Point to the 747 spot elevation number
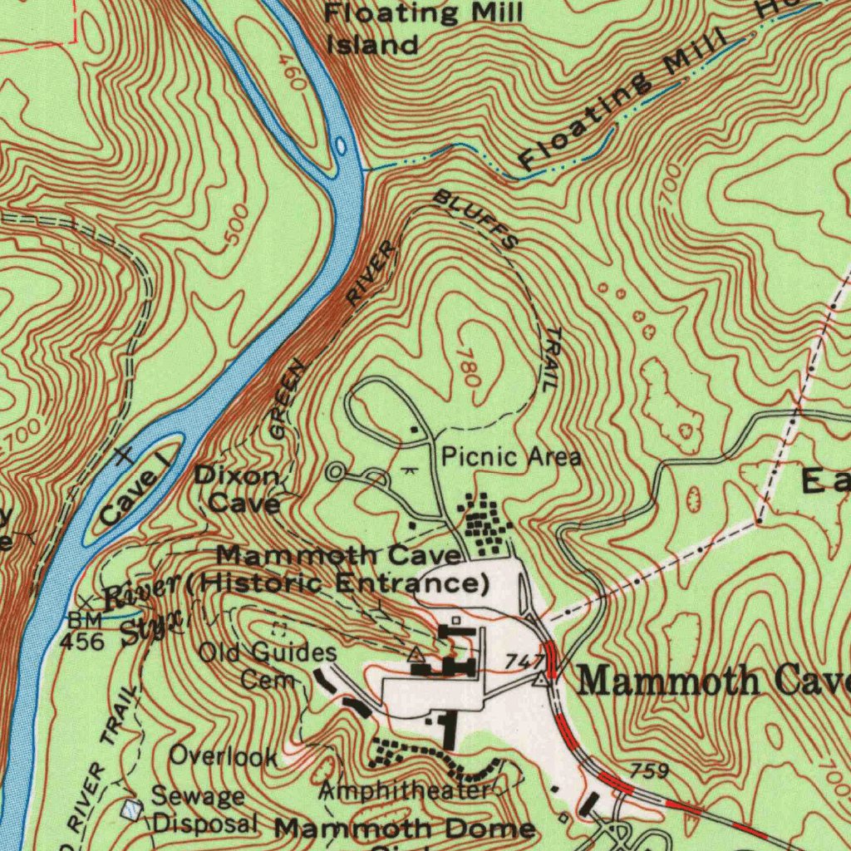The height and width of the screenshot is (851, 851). (x=524, y=662)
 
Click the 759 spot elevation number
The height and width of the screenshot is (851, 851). (x=649, y=771)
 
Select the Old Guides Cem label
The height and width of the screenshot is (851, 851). (x=268, y=665)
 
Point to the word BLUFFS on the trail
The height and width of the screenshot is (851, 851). (x=477, y=219)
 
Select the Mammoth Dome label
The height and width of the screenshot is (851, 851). (x=405, y=828)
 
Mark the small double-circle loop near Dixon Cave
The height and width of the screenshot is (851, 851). (x=336, y=473)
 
